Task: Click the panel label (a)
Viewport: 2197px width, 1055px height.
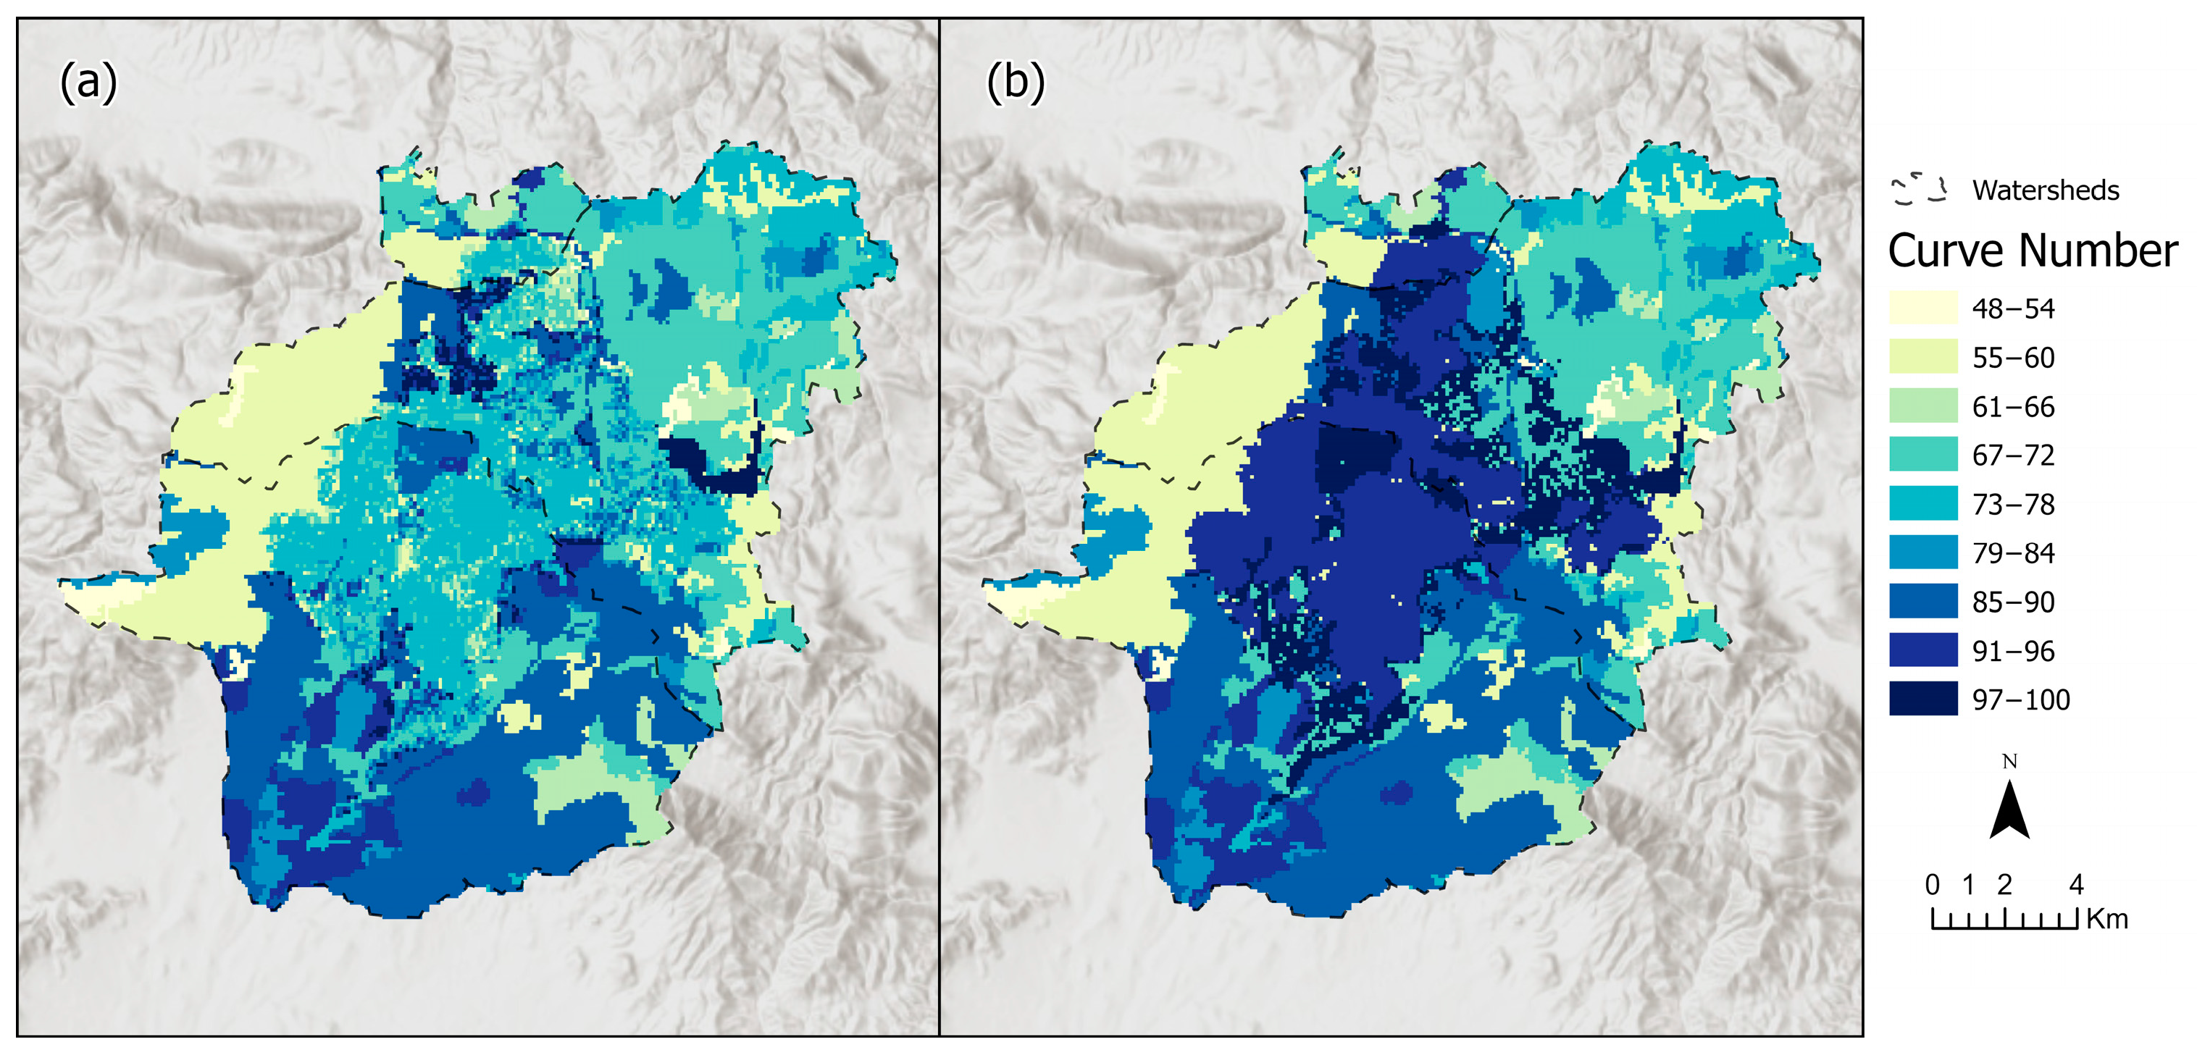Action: coord(88,83)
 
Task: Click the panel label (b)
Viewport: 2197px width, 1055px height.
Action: coord(1015,83)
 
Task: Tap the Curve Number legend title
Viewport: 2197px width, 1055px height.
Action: coord(2033,251)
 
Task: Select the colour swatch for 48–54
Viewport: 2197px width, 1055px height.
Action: coord(1922,308)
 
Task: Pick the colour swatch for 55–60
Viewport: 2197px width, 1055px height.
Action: coord(1922,356)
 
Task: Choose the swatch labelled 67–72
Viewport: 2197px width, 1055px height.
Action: coord(1922,455)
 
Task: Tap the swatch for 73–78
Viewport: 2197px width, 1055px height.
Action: coord(1922,503)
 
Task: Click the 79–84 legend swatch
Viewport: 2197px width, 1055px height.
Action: coord(1922,552)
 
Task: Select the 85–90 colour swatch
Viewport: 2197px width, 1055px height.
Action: coord(1922,601)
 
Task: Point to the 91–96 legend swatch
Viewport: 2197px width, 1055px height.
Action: coord(1922,650)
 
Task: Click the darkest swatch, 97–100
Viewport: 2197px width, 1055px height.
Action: coord(1922,699)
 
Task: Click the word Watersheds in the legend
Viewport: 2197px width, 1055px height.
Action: coord(2045,190)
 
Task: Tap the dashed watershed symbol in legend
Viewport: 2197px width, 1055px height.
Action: coord(1920,189)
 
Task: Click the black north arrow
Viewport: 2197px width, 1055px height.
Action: coord(2009,810)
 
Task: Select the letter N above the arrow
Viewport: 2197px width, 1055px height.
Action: coord(2009,762)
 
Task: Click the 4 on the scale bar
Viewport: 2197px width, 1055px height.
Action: coord(2077,884)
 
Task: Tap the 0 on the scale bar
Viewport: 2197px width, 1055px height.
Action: coord(1933,884)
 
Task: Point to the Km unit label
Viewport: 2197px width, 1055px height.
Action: coord(2106,920)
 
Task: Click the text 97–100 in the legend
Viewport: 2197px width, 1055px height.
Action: coord(2020,700)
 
